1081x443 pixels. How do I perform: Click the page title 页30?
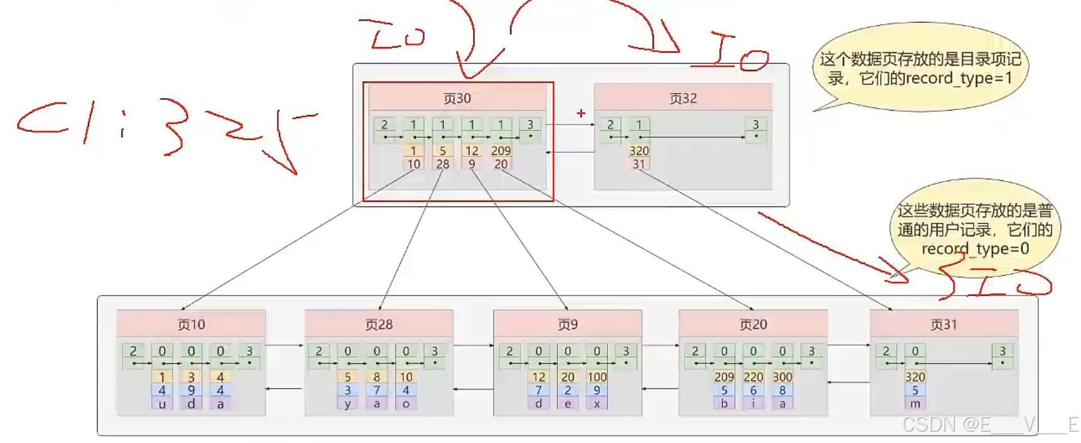tap(457, 99)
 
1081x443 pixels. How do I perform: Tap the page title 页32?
tap(683, 99)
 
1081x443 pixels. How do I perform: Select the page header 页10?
tap(191, 325)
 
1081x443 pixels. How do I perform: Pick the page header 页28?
tap(379, 325)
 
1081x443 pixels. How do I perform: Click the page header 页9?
tap(567, 325)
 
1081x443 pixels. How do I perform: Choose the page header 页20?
tap(753, 325)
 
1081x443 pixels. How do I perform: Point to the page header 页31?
tap(943, 325)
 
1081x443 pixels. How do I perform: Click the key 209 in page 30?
tap(501, 151)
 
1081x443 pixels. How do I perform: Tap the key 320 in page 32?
tap(639, 151)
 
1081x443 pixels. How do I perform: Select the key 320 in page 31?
tap(915, 377)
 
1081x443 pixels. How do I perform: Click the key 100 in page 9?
tap(597, 377)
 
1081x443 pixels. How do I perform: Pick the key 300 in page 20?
tap(782, 377)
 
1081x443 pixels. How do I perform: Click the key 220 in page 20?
tap(753, 377)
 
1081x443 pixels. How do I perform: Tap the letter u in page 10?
tap(162, 404)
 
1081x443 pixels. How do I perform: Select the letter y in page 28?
tap(347, 404)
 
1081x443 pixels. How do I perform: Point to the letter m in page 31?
tap(915, 404)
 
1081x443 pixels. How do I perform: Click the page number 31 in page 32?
tap(639, 164)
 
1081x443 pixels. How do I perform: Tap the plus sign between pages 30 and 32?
tap(581, 113)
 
